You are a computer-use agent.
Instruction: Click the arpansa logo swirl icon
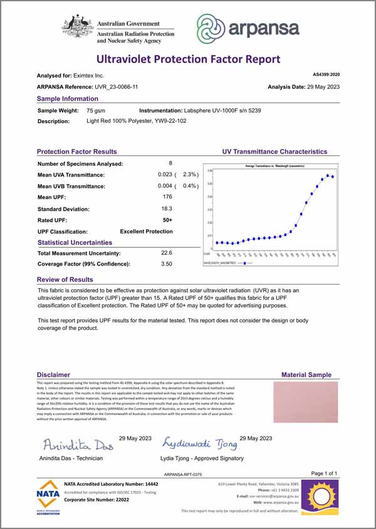pos(212,27)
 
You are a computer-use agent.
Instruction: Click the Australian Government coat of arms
pos(77,27)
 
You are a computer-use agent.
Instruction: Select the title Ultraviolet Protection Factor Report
pos(188,59)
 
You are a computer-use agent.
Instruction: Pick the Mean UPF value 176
pos(167,197)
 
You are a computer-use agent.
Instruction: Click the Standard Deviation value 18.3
pos(167,208)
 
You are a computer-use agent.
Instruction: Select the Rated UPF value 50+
pos(167,220)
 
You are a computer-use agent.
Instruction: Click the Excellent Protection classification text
pos(146,231)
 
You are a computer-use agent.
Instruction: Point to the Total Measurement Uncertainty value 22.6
pos(167,253)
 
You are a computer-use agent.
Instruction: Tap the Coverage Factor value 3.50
pos(167,264)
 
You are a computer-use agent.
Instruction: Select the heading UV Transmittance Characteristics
pos(274,152)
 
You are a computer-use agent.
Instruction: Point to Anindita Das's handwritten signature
pos(76,445)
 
